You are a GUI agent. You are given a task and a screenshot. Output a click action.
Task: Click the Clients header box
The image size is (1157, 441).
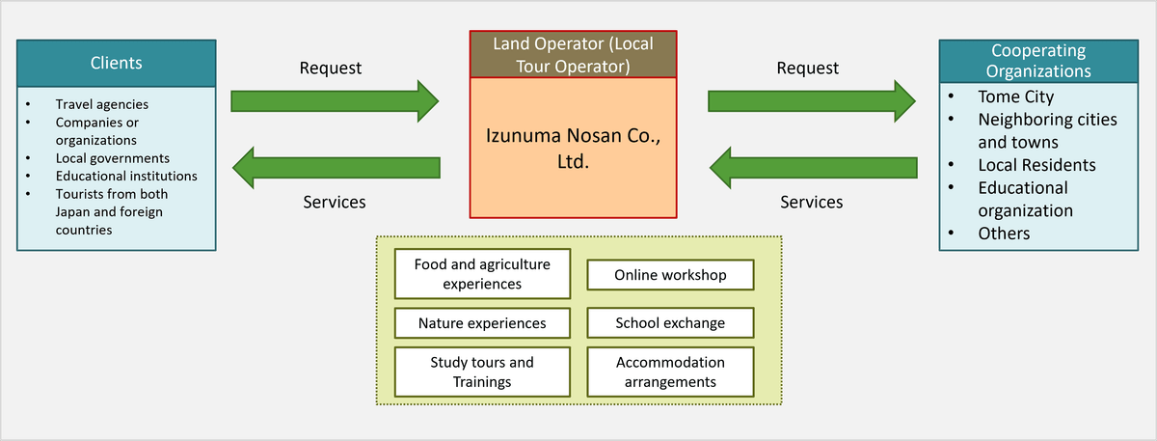click(116, 64)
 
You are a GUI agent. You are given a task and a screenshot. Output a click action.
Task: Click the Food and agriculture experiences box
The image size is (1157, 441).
click(482, 274)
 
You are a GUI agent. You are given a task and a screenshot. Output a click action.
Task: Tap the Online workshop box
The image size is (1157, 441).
click(670, 275)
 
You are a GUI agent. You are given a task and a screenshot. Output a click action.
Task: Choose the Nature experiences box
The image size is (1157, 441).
click(482, 323)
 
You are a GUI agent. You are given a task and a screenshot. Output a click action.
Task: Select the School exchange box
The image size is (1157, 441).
click(670, 323)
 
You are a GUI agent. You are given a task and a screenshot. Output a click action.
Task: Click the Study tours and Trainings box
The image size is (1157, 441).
click(482, 372)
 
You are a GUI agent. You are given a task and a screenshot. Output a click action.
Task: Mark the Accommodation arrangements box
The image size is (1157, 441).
click(670, 372)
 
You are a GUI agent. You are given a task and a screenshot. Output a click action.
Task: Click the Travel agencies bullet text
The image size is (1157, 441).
click(101, 104)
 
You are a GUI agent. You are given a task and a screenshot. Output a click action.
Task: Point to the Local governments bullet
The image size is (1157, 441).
click(112, 158)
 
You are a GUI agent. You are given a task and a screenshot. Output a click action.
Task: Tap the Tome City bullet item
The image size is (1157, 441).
click(1015, 96)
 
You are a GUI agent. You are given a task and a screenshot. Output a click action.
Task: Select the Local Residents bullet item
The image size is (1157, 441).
click(1036, 165)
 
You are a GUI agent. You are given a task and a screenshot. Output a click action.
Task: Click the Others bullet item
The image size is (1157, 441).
click(1004, 234)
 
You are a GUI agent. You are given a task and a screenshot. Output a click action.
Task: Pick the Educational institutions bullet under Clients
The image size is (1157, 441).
click(125, 177)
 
